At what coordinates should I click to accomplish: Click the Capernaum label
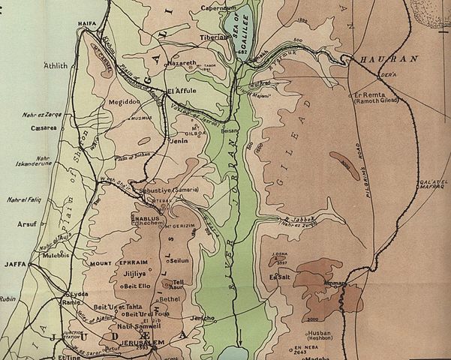(219, 8)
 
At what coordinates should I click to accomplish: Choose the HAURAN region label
(374, 58)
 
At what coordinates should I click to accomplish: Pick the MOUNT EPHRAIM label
(112, 263)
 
